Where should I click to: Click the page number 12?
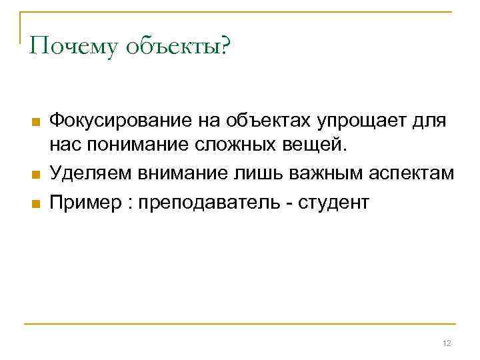point(447,343)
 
